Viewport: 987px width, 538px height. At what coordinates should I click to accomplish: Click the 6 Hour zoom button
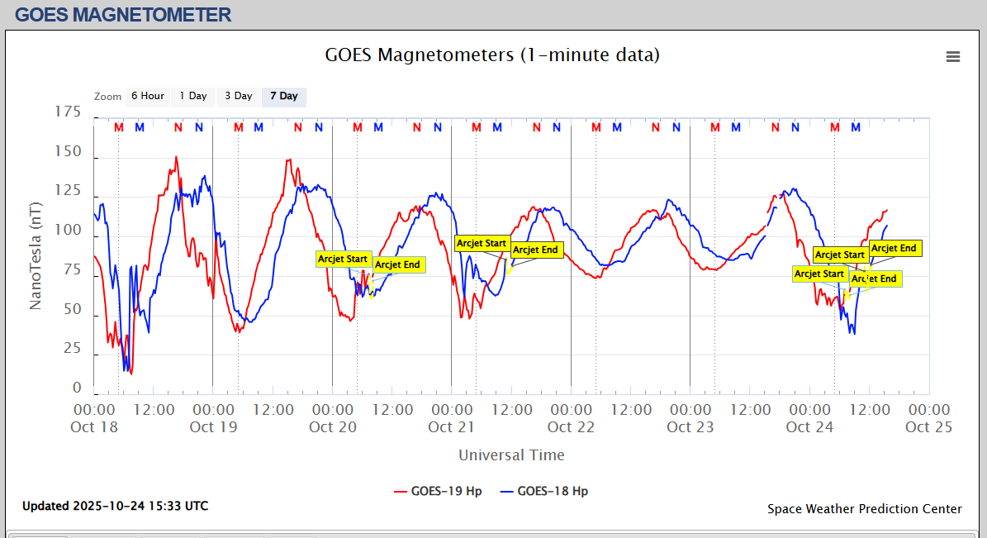tap(147, 96)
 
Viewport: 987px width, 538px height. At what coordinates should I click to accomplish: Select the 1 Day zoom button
tap(193, 96)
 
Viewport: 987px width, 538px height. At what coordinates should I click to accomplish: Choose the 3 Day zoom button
tap(238, 96)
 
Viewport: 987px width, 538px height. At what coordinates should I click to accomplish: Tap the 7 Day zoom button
tap(283, 96)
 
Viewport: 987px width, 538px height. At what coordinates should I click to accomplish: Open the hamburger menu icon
tap(953, 56)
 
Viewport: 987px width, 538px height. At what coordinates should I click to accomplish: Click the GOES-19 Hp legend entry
tap(438, 491)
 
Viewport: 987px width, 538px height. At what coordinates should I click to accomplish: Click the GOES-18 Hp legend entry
tap(544, 491)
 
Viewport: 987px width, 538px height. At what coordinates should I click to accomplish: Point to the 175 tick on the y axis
tap(69, 112)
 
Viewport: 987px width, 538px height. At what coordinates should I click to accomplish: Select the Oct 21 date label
tap(452, 427)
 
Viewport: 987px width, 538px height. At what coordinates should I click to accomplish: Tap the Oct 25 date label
tap(928, 427)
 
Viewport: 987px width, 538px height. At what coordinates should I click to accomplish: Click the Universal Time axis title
tap(511, 455)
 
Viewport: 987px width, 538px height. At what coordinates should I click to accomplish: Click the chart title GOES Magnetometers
tap(492, 55)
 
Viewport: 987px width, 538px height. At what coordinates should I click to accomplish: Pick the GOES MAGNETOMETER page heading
tap(123, 14)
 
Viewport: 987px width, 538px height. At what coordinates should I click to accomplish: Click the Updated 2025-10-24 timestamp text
tap(115, 506)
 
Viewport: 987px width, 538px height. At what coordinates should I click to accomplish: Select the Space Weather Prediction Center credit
tap(864, 509)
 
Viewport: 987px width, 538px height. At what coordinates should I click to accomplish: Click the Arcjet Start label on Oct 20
tap(343, 259)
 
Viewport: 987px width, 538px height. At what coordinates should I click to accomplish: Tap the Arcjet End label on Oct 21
tap(535, 250)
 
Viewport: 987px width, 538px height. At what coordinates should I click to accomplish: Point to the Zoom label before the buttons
tap(107, 97)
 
